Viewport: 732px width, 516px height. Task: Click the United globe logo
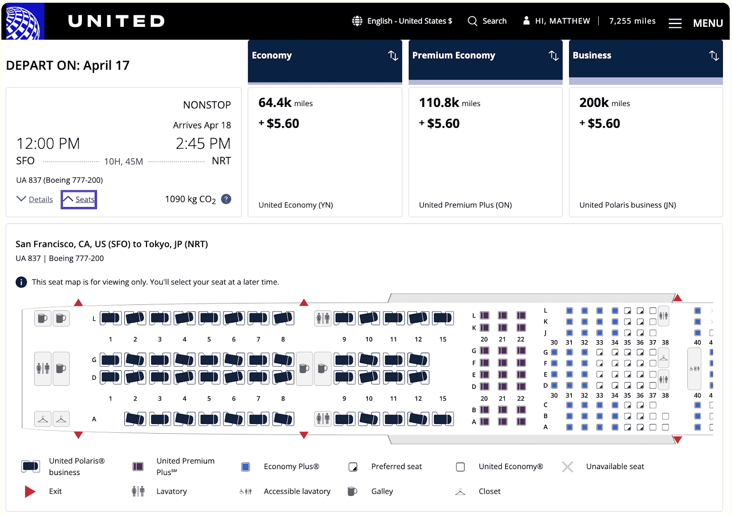[23, 21]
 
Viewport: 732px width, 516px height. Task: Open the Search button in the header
[487, 21]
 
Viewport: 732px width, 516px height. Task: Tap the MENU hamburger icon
[675, 23]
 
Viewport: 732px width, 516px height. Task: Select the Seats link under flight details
[79, 199]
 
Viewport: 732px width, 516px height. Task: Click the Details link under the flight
[41, 199]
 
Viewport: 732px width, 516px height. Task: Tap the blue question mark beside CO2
[226, 199]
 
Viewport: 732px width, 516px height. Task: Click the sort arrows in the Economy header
[393, 56]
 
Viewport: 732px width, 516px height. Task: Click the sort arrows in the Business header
[714, 56]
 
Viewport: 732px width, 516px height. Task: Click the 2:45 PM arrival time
[203, 143]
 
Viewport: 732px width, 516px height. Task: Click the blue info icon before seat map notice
[21, 282]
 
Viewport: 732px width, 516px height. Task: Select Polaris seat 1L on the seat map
[111, 318]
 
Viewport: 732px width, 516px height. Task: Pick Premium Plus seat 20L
[484, 315]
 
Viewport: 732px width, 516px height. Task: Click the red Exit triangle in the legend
[30, 491]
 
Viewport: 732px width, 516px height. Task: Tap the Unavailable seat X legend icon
[567, 467]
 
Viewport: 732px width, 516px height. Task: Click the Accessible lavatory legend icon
[245, 491]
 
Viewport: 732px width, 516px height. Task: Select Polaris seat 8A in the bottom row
[283, 419]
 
